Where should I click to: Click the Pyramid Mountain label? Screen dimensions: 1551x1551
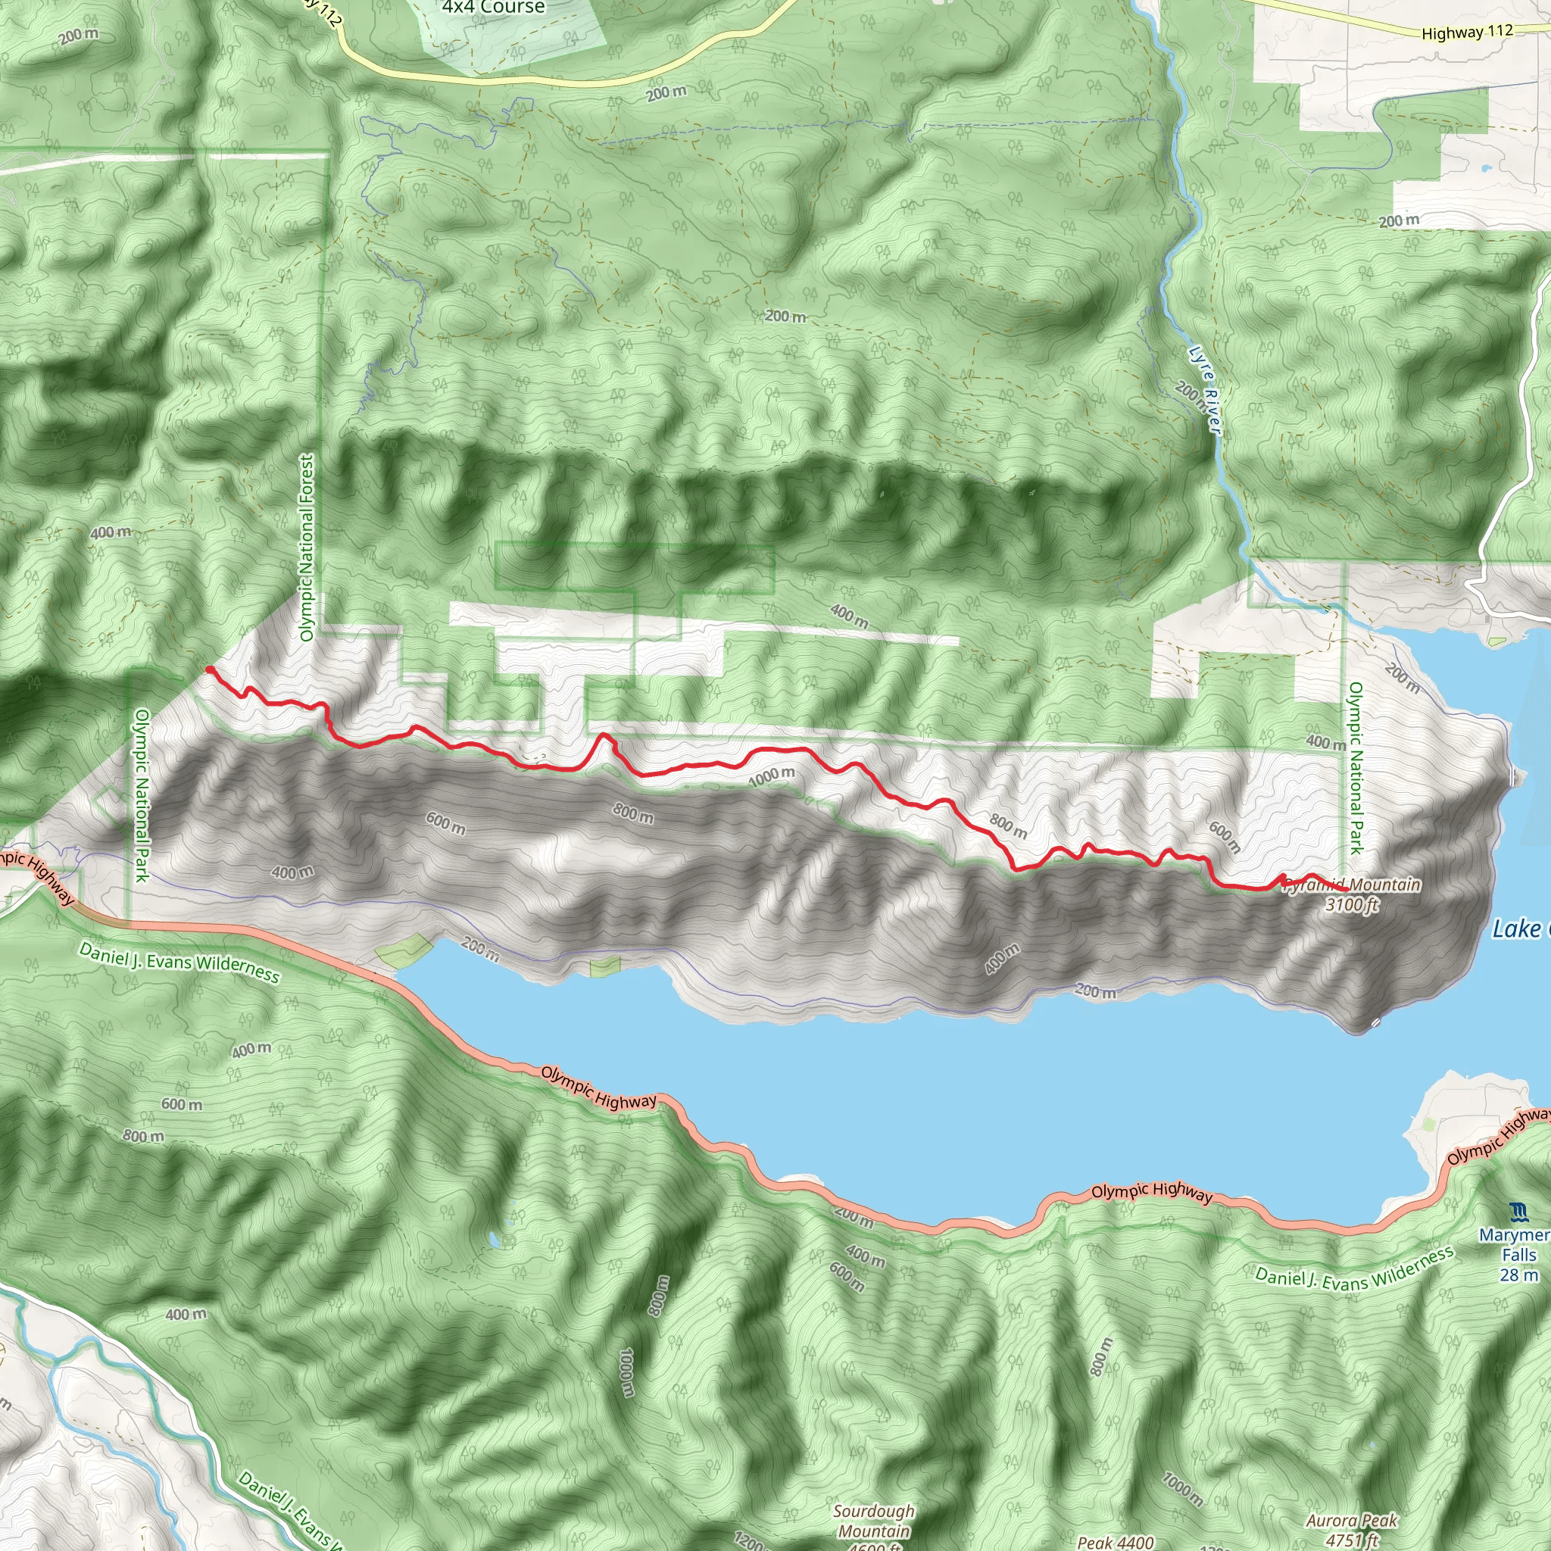(1352, 885)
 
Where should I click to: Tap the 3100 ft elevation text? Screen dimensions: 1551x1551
(1352, 905)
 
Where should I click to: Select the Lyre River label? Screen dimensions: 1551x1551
(1205, 390)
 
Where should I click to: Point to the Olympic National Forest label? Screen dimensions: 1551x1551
(307, 548)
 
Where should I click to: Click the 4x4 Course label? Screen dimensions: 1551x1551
(493, 8)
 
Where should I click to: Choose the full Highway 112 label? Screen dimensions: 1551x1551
(1467, 32)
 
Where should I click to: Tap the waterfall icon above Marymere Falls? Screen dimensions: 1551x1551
(1518, 1212)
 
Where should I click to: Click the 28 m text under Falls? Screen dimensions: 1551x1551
(1519, 1275)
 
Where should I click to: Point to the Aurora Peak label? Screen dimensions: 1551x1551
(1352, 1521)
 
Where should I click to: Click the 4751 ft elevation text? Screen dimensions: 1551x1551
(1352, 1540)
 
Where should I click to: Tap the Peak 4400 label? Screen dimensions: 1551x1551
(1116, 1541)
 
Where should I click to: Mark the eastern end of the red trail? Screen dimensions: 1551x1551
(1346, 891)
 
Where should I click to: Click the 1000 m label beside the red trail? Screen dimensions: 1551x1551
(772, 776)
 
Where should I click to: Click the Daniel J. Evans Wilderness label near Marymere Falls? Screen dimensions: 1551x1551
(1354, 1269)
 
